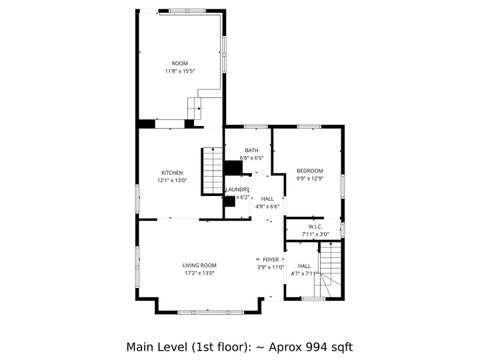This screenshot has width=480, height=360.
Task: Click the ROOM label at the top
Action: coord(179,63)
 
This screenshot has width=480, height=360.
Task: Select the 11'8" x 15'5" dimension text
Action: coord(179,71)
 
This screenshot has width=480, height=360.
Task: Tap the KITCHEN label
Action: coord(172,173)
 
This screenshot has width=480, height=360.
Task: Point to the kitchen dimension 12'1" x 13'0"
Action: coord(172,181)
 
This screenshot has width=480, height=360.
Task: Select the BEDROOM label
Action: coord(311,171)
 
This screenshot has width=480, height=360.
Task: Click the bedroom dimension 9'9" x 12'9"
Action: coord(311,179)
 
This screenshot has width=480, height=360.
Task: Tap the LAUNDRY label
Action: coord(237,189)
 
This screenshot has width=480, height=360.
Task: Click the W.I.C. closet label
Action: coord(314,227)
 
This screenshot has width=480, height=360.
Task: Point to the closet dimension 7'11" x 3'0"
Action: coord(314,235)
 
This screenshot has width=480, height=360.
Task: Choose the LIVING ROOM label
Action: coord(200,265)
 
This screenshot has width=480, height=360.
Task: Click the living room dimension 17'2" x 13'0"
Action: coord(200,273)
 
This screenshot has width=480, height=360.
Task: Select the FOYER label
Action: coord(270,259)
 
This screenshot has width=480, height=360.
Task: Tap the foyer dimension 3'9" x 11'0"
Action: coord(270,267)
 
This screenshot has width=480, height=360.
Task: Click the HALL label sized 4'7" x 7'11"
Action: coord(304,265)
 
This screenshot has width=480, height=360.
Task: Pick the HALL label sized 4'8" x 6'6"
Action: coord(267,199)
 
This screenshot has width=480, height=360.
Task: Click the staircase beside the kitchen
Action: coord(213,171)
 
